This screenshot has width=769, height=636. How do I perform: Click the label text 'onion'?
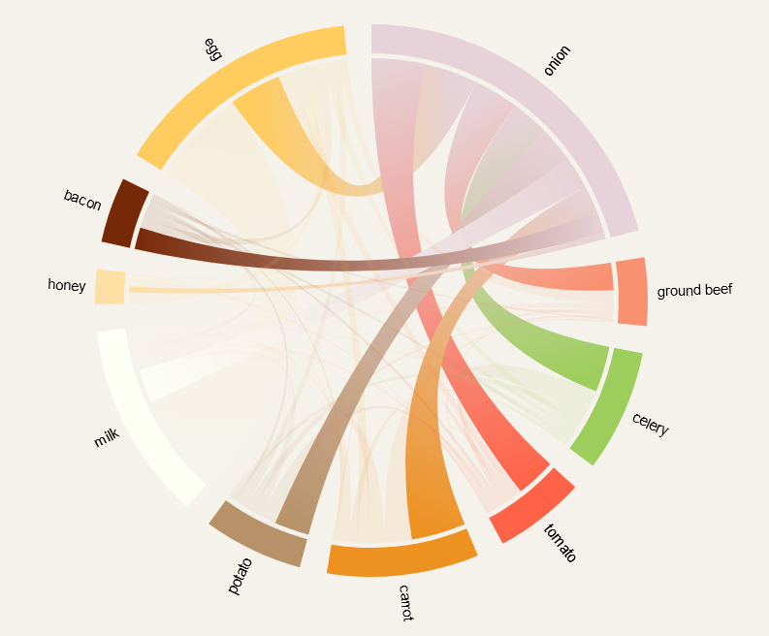[x=558, y=60]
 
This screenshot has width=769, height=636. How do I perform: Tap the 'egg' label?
[x=212, y=48]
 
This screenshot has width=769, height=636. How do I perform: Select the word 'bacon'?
[x=82, y=200]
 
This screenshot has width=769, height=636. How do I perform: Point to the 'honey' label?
[x=67, y=285]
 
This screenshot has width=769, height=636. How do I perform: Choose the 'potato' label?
[x=240, y=575]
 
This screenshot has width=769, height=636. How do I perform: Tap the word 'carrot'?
[x=405, y=602]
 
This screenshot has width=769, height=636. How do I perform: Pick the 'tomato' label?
[x=560, y=543]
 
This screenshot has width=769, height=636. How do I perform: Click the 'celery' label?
[x=650, y=425]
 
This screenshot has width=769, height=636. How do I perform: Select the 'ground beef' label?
[x=694, y=290]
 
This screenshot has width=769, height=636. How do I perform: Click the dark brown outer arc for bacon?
[x=124, y=210]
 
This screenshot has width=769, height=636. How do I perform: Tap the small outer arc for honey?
[x=110, y=287]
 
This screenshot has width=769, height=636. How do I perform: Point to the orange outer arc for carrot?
[x=401, y=558]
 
